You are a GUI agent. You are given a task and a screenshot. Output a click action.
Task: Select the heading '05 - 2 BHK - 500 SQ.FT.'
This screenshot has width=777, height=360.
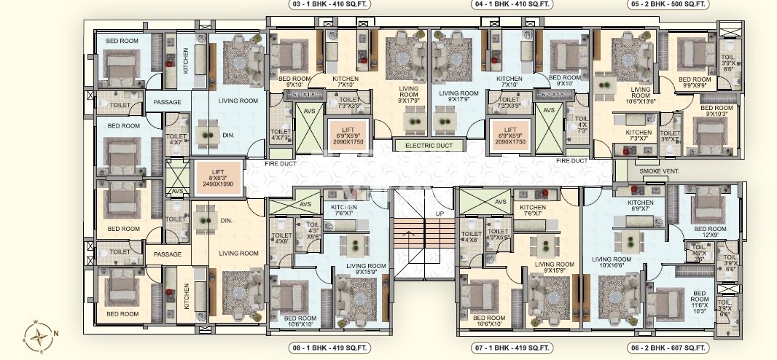[668, 4]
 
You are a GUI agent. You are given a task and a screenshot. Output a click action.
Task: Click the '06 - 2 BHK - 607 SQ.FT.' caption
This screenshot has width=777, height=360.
[668, 348]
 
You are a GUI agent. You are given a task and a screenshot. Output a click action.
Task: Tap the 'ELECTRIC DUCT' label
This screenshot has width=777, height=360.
[423, 146]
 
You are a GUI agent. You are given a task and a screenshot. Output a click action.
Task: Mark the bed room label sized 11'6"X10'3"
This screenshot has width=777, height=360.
[700, 305]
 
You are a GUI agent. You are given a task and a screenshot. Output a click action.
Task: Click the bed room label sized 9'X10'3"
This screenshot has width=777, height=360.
[718, 111]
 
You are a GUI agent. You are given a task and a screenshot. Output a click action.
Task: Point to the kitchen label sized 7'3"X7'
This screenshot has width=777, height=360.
[639, 135]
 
